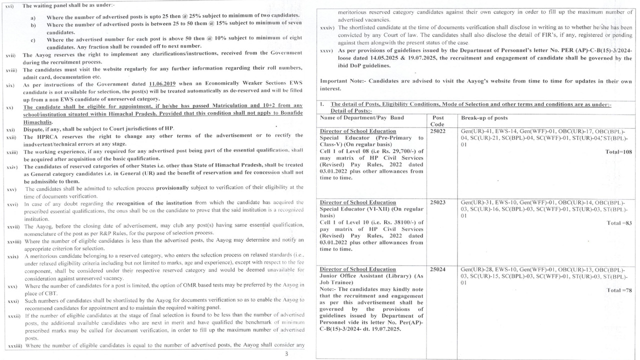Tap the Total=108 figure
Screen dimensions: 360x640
tap(619, 151)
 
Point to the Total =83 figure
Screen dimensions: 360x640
tap(619, 223)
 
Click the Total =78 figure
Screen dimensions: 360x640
tap(619, 290)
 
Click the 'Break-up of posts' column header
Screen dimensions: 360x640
tap(484, 118)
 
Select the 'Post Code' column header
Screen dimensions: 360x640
tap(437, 121)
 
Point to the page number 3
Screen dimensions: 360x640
tap(286, 354)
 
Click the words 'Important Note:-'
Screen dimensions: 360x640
tap(341, 81)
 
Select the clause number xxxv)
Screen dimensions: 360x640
tap(327, 51)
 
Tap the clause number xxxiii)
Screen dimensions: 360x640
tap(15, 346)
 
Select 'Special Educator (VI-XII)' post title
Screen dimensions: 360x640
tap(356, 209)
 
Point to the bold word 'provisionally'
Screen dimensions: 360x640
tap(179, 187)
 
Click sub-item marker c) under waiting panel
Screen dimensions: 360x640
tap(33, 40)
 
